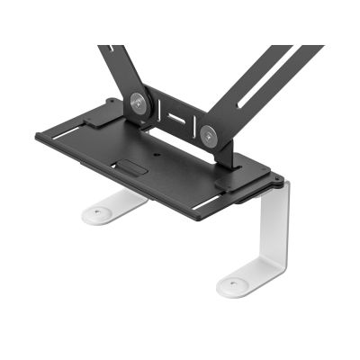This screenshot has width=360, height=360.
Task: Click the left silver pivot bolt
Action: [x=138, y=102]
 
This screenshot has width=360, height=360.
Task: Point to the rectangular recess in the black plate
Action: [x=133, y=167]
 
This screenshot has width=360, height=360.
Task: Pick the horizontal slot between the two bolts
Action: [x=175, y=118]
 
